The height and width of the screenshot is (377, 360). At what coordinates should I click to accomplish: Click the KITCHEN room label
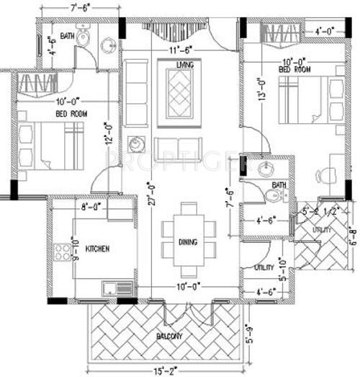(97, 249)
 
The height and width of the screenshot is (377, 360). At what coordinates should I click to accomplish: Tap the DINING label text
(189, 243)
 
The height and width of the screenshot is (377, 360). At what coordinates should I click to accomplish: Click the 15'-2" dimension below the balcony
(166, 371)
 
